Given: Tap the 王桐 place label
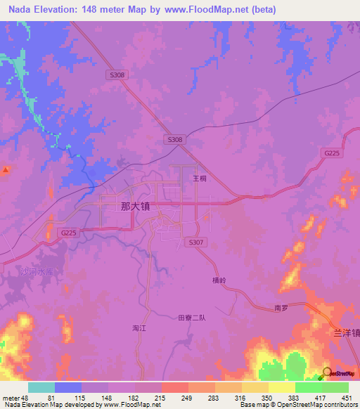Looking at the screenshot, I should (x=200, y=178).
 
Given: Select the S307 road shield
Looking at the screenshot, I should (x=195, y=242).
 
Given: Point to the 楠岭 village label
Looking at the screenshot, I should (x=219, y=280).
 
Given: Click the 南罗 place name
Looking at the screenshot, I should (x=281, y=309).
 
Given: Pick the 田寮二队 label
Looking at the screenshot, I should (x=191, y=318).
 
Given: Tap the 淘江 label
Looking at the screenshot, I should (x=139, y=327).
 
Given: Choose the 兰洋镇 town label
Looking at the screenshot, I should (x=346, y=333).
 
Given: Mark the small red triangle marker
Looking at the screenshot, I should (x=6, y=170).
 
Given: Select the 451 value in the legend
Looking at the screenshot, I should (x=346, y=398).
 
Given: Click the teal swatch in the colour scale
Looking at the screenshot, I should (x=41, y=387).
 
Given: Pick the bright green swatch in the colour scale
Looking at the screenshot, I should (x=308, y=387).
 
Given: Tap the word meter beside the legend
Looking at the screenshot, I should (x=11, y=398).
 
